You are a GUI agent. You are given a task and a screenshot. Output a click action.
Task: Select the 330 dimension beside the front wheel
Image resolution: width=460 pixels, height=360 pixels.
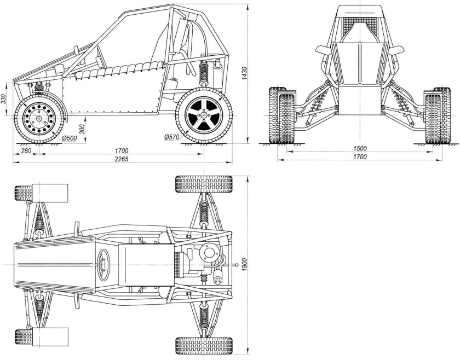3,99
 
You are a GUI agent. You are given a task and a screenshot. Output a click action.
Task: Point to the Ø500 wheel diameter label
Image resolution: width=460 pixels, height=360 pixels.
70,138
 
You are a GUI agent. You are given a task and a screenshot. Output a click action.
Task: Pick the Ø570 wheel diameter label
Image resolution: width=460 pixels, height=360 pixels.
170,136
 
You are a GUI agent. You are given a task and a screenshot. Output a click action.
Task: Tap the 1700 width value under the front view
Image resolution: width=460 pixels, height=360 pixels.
360,157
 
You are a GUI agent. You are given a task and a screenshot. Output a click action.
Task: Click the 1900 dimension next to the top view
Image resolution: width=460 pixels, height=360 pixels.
244,265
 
